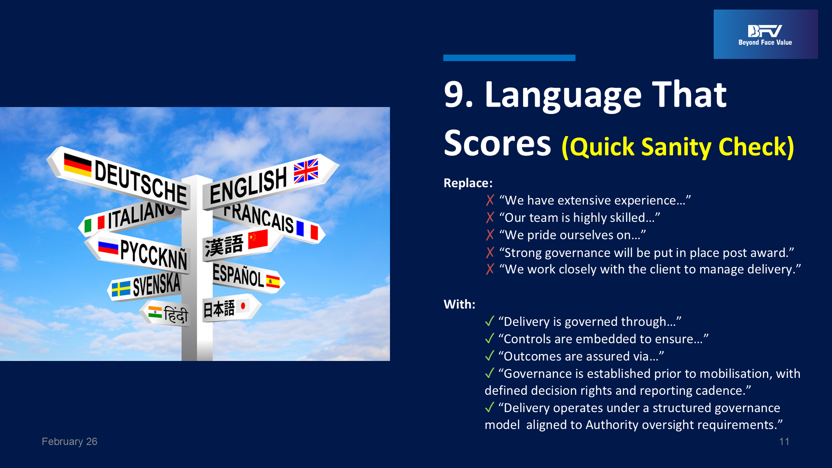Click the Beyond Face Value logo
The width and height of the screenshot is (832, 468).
click(766, 34)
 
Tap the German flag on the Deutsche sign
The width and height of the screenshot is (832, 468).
click(78, 165)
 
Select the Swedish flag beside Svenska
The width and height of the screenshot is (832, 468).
click(121, 289)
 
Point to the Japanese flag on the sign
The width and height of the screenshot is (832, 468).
click(243, 306)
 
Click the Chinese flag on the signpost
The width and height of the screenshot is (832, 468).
click(258, 239)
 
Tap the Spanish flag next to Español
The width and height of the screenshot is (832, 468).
click(273, 282)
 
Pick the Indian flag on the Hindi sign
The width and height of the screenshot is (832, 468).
click(155, 312)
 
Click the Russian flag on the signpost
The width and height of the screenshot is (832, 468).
click(108, 247)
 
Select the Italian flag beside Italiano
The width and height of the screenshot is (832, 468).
click(94, 224)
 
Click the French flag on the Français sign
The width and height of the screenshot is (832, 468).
click(307, 230)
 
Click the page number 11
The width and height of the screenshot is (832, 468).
click(784, 442)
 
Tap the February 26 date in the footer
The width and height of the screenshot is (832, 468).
click(69, 442)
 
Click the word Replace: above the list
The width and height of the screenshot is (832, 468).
click(468, 183)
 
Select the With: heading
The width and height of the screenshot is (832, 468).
click(459, 304)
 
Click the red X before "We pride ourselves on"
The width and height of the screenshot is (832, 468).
click(490, 235)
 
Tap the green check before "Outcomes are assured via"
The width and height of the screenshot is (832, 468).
click(490, 356)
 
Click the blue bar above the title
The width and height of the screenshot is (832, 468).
click(509, 58)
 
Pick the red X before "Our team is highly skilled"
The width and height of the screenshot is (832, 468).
click(490, 218)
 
